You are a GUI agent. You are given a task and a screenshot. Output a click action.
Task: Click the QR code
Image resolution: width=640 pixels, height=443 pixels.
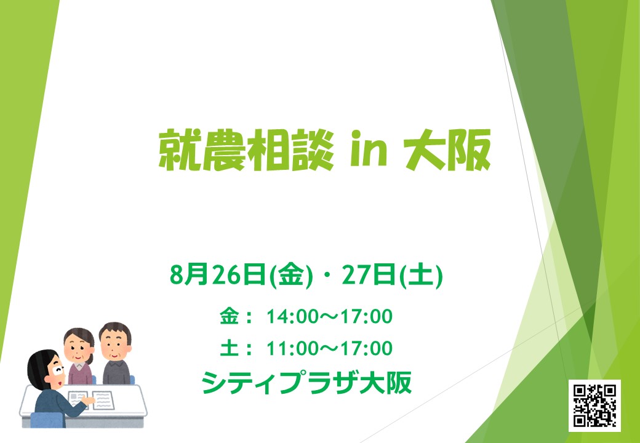tap(594, 405)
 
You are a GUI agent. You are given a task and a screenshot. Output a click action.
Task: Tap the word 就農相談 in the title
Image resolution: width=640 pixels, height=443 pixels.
tap(246, 151)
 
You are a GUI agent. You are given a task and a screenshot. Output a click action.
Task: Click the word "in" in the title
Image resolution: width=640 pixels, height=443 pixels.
tap(368, 150)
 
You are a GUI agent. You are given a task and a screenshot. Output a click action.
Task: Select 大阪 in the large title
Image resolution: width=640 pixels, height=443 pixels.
tap(447, 150)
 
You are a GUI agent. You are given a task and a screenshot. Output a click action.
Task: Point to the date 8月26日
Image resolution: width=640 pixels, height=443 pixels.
tap(218, 276)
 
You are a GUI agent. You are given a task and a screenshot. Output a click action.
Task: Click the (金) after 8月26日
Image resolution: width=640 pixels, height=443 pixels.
tap(290, 276)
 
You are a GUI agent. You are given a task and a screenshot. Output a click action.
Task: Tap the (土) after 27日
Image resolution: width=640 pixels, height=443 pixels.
tap(420, 276)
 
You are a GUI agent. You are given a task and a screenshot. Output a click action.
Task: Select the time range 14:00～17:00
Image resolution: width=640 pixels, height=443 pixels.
tap(329, 316)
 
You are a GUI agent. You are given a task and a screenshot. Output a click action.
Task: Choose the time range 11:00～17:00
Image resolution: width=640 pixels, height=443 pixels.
tap(329, 349)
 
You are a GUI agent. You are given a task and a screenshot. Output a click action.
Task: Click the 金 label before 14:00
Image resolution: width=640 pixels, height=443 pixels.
tap(229, 316)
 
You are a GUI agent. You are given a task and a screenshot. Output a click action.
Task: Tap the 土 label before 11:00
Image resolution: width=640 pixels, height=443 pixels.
tap(229, 348)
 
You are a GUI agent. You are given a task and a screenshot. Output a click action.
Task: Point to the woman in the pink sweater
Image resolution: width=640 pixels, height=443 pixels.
tap(79, 356)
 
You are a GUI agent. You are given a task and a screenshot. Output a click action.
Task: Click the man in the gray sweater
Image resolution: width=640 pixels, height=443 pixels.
tap(116, 353)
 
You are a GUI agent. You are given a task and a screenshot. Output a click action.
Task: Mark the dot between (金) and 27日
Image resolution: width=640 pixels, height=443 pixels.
tap(328, 277)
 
